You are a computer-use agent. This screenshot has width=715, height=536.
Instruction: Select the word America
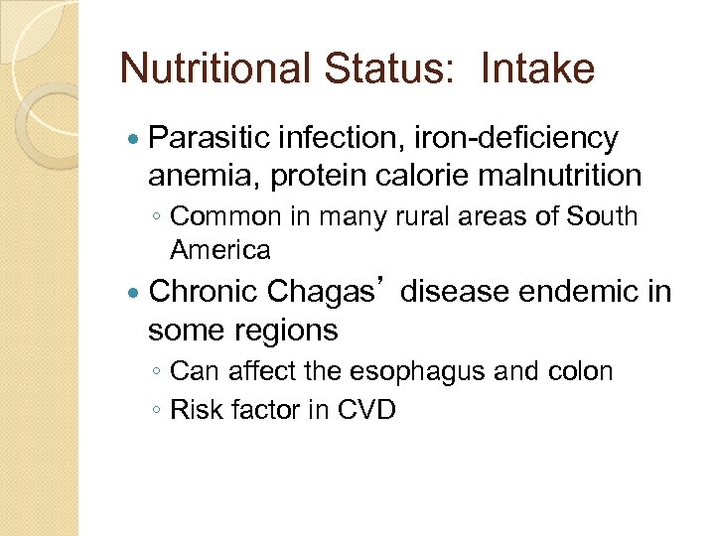(x=219, y=249)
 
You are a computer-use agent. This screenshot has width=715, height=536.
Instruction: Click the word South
(x=602, y=216)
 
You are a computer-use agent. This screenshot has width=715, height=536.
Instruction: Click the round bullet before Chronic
(x=135, y=293)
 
